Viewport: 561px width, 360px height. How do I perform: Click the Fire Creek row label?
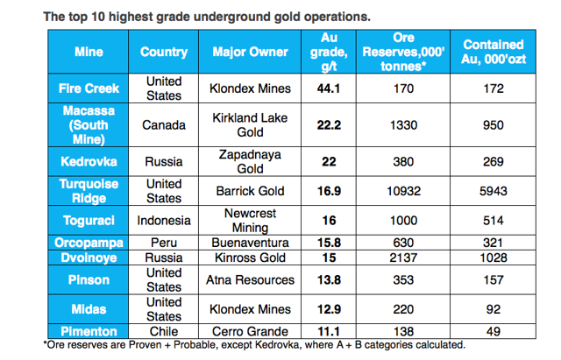tap(89, 88)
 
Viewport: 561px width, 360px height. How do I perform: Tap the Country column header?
tap(164, 52)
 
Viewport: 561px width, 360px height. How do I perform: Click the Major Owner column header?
tap(250, 52)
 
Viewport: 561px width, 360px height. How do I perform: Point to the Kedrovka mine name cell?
tap(89, 161)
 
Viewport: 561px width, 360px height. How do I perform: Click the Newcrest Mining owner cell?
tap(250, 221)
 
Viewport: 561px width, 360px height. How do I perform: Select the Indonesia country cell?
tap(164, 221)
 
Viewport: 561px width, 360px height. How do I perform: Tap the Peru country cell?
tap(164, 243)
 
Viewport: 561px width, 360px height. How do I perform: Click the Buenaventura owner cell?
tap(250, 243)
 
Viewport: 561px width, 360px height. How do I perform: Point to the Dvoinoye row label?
tap(89, 258)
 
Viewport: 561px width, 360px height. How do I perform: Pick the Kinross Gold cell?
tap(250, 258)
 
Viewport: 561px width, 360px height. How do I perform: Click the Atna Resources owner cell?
tap(250, 280)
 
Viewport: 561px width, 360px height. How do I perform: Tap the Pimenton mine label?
tap(89, 331)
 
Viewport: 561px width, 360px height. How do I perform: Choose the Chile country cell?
tap(164, 331)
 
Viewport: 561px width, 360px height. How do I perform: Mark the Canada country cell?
tap(164, 124)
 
